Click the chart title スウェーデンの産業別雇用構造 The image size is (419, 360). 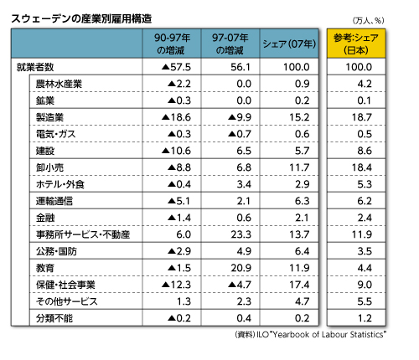click(81, 18)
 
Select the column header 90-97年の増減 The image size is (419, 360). click(172, 44)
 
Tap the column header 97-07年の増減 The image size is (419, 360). click(230, 44)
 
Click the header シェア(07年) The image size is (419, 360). click(289, 44)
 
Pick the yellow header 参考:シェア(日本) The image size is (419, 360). click(356, 44)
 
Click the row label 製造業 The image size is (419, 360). click(49, 117)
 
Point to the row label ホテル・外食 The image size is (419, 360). click(60, 184)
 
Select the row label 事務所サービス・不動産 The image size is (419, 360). click(83, 234)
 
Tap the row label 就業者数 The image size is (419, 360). click(35, 67)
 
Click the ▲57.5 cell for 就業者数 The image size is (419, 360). click(176, 67)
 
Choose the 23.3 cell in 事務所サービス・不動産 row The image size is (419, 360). click(241, 234)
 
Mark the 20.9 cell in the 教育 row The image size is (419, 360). click(241, 268)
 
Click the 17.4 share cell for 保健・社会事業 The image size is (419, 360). click(299, 285)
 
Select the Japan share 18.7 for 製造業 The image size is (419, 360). click(362, 117)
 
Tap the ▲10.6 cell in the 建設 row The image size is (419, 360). click(176, 151)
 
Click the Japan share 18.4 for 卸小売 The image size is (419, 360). click(362, 167)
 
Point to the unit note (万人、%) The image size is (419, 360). click(368, 20)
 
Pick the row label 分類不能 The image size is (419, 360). click(54, 318)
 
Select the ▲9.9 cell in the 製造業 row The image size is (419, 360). click(240, 117)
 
